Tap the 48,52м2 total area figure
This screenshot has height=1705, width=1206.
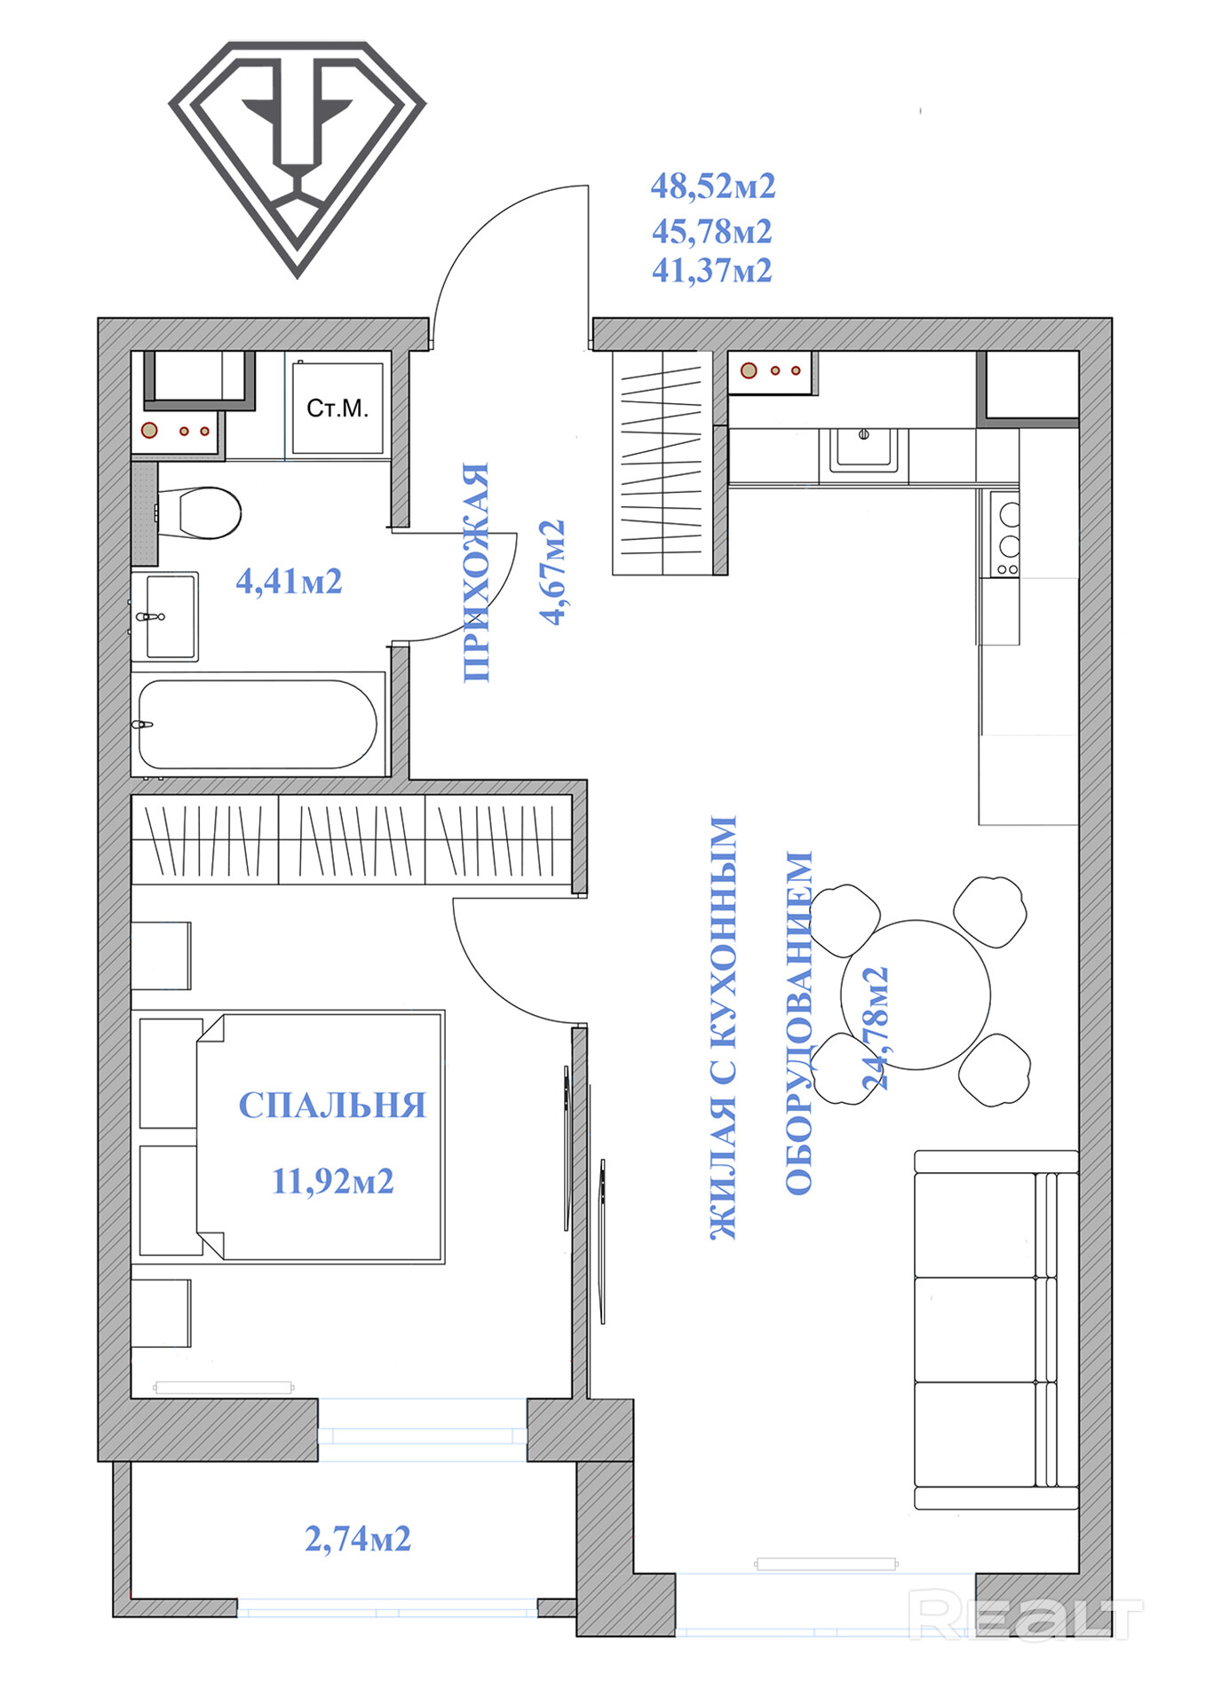click(713, 186)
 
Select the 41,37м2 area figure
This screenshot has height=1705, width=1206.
click(712, 271)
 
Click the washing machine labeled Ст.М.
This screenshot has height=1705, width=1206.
click(337, 408)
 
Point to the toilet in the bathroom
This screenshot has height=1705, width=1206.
click(199, 512)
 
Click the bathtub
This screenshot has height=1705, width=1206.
click(258, 725)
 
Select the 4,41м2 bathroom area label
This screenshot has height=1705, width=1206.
click(289, 582)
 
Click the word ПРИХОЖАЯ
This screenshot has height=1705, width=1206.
click(477, 572)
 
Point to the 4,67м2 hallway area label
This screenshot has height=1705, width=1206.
click(552, 573)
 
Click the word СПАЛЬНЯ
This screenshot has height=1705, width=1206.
click(332, 1105)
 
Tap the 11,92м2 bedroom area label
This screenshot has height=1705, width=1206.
click(332, 1182)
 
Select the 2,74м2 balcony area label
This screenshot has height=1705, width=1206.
click(358, 1539)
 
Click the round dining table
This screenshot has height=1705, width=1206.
click(916, 995)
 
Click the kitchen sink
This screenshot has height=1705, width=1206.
click(863, 449)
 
